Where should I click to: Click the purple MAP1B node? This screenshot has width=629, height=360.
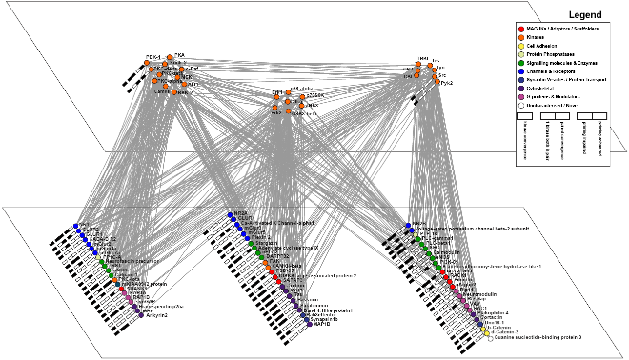click(x=310, y=324)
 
